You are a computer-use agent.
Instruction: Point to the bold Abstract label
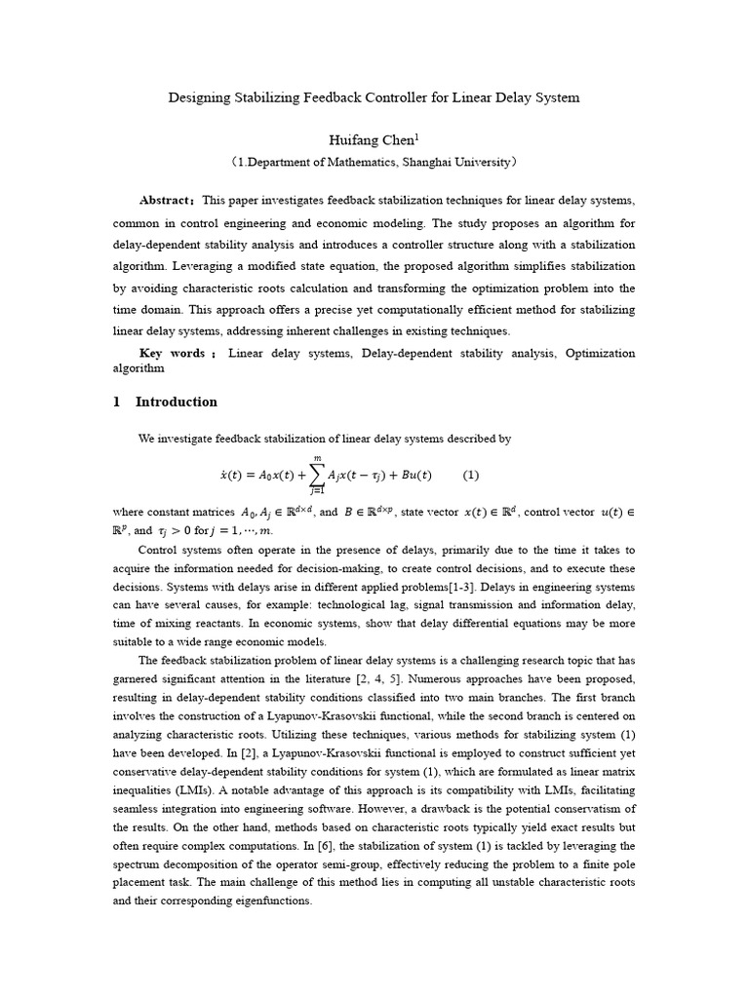165,200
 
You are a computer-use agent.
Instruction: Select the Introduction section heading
177,402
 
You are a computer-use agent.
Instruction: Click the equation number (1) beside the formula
471,476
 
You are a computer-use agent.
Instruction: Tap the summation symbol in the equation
318,476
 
